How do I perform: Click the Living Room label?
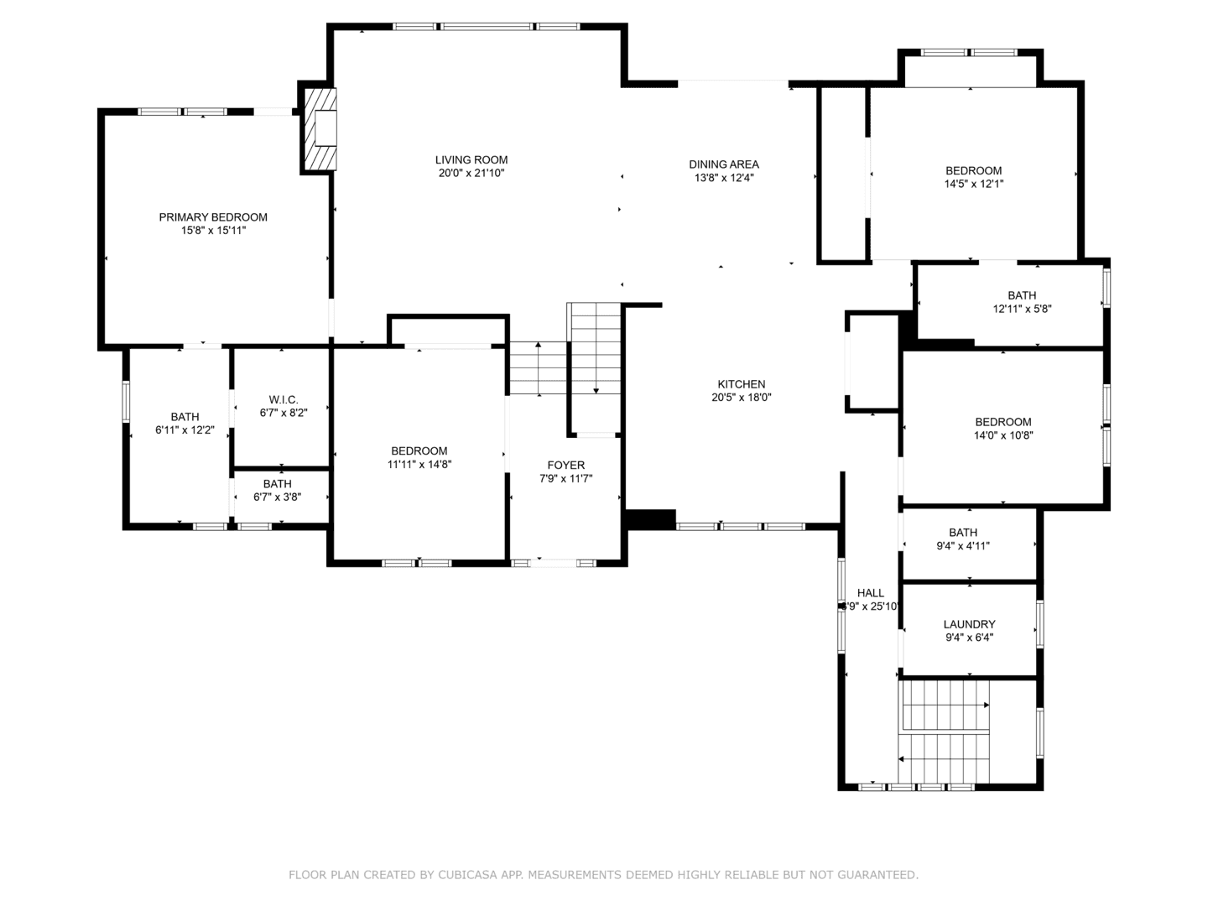471,159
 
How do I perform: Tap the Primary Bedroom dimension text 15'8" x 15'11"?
213,230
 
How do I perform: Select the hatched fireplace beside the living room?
320,129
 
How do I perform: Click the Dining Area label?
724,164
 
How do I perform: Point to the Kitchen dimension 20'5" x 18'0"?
741,398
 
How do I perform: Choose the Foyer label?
566,465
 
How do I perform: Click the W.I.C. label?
283,399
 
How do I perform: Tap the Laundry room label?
969,624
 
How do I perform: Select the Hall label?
871,593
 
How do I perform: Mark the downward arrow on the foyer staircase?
596,389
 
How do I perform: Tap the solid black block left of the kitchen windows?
650,520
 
